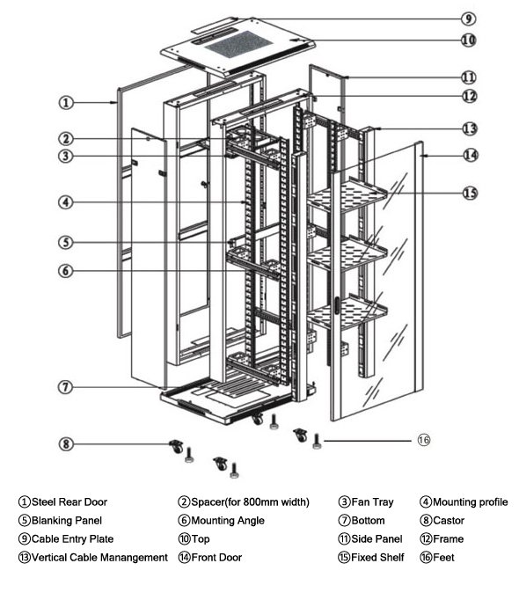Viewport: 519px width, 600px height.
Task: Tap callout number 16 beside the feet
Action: pos(424,438)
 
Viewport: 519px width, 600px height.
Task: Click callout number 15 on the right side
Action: pos(470,193)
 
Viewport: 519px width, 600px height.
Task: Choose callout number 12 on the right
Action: pos(470,96)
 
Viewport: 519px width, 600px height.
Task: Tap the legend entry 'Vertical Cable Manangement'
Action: pos(99,558)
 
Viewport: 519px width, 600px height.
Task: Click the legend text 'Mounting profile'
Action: pos(470,502)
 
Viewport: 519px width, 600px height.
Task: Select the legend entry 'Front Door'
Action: pos(216,558)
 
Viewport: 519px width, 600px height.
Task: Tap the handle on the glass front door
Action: pos(337,307)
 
